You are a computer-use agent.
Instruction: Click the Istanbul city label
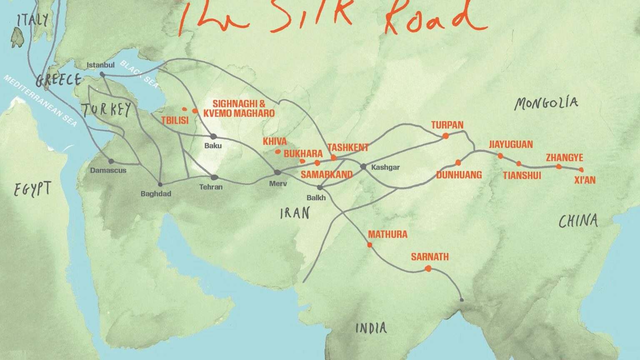coord(100,65)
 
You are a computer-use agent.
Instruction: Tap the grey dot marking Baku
coord(213,136)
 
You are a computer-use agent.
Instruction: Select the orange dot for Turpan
coord(445,136)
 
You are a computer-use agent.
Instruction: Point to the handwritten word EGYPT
coord(32,189)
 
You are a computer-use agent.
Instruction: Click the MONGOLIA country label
coord(546,103)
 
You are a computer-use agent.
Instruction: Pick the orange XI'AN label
coord(585,180)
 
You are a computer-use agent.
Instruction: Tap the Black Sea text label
coord(139,74)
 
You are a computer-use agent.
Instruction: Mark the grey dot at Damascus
coord(111,161)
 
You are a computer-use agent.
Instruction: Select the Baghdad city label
coord(156,194)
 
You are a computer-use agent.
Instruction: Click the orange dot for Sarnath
coord(428,269)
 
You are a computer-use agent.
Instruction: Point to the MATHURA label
coord(387,234)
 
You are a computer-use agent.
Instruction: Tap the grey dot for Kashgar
coord(363,167)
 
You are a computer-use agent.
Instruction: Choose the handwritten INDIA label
coord(371,328)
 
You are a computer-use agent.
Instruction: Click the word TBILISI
coord(175,120)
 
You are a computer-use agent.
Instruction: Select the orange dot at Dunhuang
coord(458,162)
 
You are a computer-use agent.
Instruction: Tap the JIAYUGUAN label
coord(511,145)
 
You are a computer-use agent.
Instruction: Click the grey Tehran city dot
coord(214,177)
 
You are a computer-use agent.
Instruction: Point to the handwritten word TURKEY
coord(106,110)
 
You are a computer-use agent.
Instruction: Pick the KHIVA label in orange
coord(275,141)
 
